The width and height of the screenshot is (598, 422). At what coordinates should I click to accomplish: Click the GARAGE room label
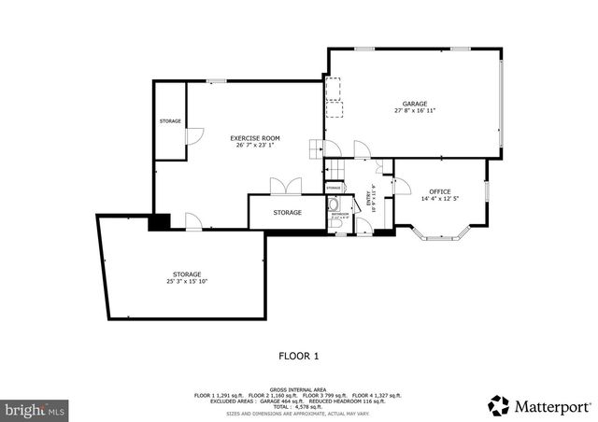pos(415,103)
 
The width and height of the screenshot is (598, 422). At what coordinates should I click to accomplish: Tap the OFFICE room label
pos(439,191)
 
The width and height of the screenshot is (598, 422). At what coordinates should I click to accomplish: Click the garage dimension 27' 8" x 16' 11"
pos(415,111)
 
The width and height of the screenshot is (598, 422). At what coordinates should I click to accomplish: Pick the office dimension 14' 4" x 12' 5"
pos(439,199)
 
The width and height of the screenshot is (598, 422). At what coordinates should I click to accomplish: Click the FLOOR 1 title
pos(299,356)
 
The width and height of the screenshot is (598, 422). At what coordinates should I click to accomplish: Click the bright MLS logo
pos(36,410)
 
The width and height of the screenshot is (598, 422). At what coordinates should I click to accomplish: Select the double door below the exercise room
pos(286,187)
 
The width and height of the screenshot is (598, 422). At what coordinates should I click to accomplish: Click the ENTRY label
pos(370,199)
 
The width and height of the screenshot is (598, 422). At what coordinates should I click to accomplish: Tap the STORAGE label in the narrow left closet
pos(169,121)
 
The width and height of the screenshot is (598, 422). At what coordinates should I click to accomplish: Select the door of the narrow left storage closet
pos(192,137)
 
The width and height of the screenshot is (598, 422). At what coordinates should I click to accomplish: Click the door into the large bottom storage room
pos(193,221)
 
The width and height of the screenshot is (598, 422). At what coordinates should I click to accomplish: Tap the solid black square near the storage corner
pos(161,222)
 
